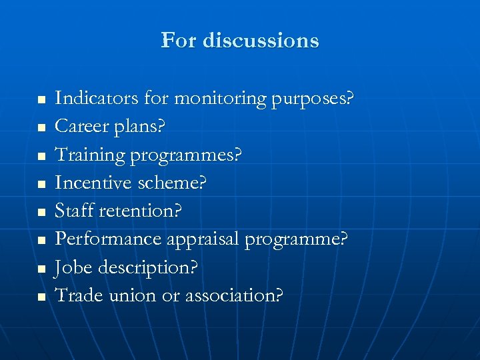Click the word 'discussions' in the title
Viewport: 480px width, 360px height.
[261, 41]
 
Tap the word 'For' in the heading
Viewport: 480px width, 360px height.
[178, 41]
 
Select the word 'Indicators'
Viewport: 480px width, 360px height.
[97, 99]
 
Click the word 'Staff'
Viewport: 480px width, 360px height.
[74, 211]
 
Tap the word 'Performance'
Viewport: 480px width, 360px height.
[108, 239]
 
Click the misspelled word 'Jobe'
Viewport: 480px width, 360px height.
[74, 267]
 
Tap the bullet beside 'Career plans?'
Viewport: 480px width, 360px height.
[41, 127]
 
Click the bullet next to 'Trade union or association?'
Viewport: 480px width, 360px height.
[41, 295]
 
